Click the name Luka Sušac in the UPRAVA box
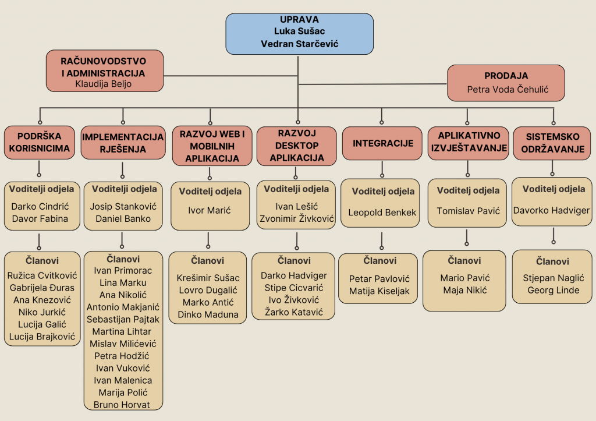tap(299, 31)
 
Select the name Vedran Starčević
tap(299, 44)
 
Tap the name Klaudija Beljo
tap(104, 84)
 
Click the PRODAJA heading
tap(506, 76)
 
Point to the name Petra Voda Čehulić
tap(506, 90)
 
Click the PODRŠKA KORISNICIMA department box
tap(39, 143)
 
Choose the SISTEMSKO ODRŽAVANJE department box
tap(552, 143)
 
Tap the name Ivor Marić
tap(209, 210)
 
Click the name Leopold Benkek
tap(382, 213)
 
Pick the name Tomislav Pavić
tap(468, 211)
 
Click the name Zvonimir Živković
tap(297, 219)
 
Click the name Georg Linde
tap(553, 290)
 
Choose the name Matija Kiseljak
tap(379, 291)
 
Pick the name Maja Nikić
tap(465, 290)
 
